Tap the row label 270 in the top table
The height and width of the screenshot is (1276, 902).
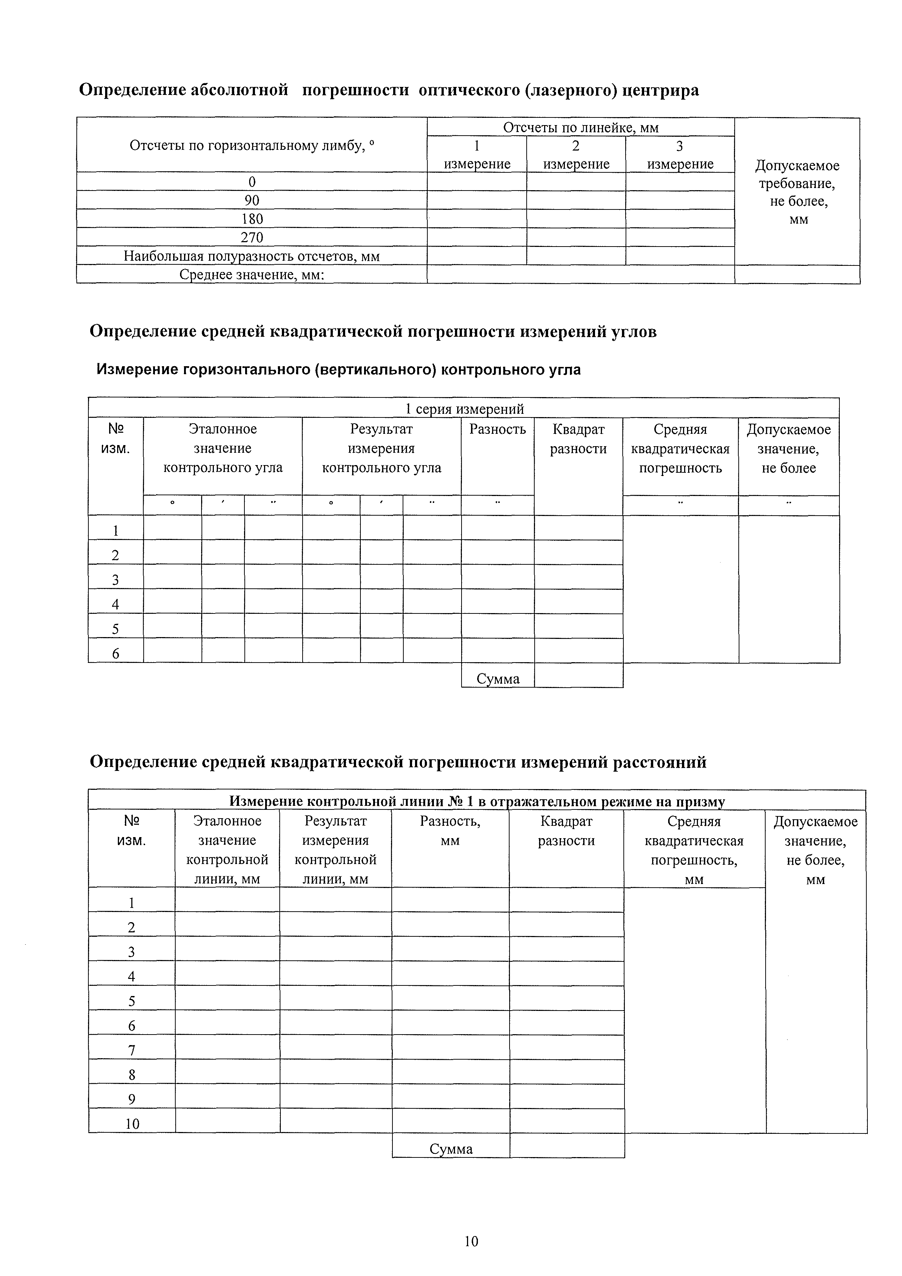(x=252, y=238)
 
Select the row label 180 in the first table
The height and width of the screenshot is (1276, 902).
(x=252, y=219)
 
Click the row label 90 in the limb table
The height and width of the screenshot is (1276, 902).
(x=252, y=200)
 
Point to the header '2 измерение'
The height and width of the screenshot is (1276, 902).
(x=576, y=155)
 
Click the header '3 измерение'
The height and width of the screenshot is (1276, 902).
(x=680, y=155)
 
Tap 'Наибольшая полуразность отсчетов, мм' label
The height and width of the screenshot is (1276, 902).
(x=252, y=256)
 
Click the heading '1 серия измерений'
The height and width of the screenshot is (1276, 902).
(x=464, y=409)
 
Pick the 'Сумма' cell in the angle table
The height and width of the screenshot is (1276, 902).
(x=498, y=679)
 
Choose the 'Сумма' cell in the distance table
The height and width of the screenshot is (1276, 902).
(x=451, y=1149)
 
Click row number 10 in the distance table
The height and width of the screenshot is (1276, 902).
(x=132, y=1124)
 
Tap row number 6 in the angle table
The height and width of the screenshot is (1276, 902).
(x=116, y=653)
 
